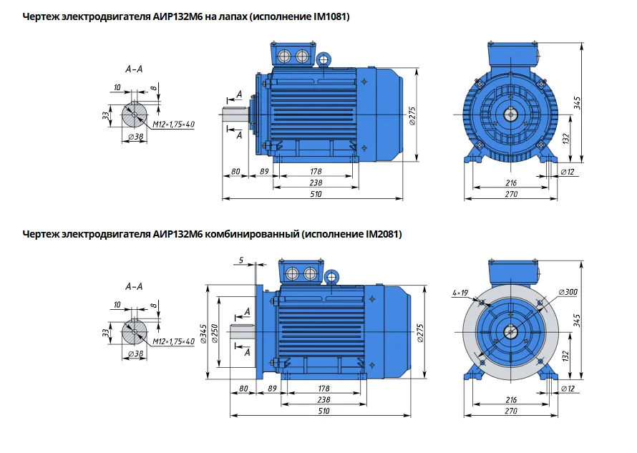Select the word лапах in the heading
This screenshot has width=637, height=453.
tap(233, 17)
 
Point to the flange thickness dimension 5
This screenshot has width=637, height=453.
tap(241, 260)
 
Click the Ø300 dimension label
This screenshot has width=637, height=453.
tap(568, 292)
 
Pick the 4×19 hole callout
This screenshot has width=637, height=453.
tap(460, 293)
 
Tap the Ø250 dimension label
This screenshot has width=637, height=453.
tap(215, 333)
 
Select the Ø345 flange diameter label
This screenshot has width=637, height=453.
tap(204, 333)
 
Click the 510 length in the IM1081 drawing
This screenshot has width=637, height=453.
tap(316, 194)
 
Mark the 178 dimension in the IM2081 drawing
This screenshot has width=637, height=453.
tap(324, 389)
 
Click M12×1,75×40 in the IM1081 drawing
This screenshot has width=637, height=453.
tap(173, 125)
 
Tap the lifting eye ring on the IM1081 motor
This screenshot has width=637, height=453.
tap(324, 60)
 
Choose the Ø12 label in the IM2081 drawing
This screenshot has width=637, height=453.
tap(568, 389)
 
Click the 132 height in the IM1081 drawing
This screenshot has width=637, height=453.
tap(566, 139)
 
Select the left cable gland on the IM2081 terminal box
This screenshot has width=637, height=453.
tap(293, 273)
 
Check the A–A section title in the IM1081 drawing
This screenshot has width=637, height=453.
tap(134, 69)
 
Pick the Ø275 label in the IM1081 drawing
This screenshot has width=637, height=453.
tap(412, 116)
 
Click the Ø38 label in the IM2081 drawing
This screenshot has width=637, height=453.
tap(136, 354)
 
